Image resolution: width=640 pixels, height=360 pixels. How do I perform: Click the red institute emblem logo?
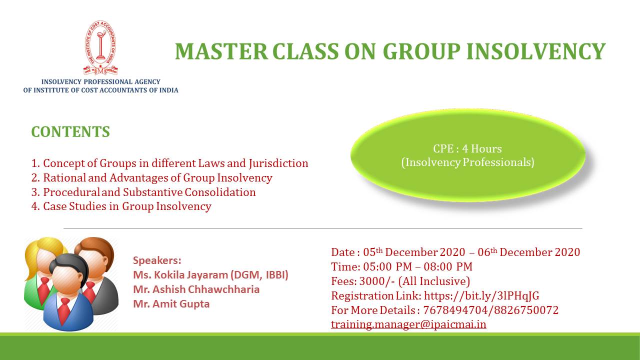pyautogui.click(x=100, y=47)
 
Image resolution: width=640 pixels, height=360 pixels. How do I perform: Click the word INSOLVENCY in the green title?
pyautogui.click(x=535, y=51)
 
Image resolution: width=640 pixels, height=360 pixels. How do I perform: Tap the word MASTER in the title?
pyautogui.click(x=221, y=51)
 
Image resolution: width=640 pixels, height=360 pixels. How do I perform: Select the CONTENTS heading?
pyautogui.click(x=70, y=131)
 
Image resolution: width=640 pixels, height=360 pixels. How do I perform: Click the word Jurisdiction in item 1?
pyautogui.click(x=278, y=163)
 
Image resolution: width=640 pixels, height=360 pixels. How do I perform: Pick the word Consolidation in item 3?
pyautogui.click(x=220, y=192)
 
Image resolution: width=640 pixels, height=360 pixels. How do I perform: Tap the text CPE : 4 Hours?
pyautogui.click(x=467, y=148)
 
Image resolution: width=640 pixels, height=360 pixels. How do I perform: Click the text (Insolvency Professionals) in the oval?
pyautogui.click(x=467, y=162)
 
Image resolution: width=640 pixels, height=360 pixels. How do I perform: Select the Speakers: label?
pyautogui.click(x=157, y=260)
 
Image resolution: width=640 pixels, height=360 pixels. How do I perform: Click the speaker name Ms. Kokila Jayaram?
pyautogui.click(x=180, y=275)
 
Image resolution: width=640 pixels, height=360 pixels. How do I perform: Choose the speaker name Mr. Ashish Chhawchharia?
pyautogui.click(x=196, y=289)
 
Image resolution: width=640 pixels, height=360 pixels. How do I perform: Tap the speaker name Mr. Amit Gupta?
pyautogui.click(x=171, y=303)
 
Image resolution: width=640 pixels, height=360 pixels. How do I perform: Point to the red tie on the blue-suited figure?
pyautogui.click(x=65, y=310)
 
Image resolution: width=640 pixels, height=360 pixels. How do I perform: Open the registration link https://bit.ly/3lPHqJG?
pyautogui.click(x=481, y=295)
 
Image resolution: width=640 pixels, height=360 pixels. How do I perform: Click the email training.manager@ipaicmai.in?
pyautogui.click(x=408, y=324)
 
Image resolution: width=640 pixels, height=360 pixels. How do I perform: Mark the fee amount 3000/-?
pyautogui.click(x=377, y=281)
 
